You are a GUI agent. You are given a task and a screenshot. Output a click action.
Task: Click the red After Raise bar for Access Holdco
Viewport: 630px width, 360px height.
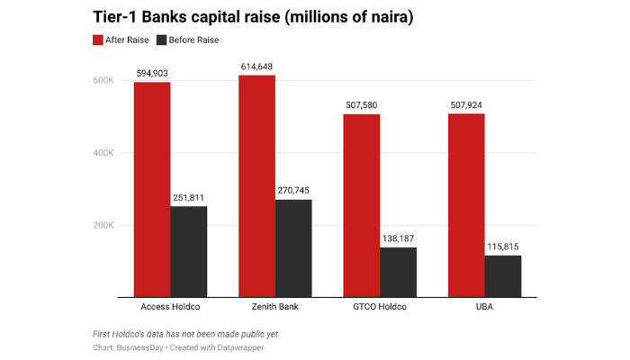(152, 189)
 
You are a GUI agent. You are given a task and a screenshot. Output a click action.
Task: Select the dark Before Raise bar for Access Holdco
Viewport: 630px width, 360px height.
(189, 251)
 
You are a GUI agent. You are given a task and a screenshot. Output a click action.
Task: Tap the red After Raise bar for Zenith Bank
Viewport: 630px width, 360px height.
(256, 185)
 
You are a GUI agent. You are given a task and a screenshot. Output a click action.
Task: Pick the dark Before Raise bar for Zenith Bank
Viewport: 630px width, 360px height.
(293, 247)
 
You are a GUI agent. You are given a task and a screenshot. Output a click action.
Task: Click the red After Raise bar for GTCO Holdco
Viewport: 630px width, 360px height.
(361, 205)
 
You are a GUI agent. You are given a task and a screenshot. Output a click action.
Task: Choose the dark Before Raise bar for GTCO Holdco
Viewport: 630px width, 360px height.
(398, 272)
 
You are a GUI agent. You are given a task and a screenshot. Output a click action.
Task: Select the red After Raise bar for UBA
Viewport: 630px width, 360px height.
(466, 205)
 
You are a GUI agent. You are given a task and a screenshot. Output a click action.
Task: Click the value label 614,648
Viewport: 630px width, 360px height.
(256, 67)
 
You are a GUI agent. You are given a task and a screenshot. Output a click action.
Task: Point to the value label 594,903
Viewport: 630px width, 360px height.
(152, 74)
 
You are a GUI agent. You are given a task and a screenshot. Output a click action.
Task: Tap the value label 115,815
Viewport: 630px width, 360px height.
(502, 247)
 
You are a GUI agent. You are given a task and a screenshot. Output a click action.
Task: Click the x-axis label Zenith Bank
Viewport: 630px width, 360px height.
(274, 308)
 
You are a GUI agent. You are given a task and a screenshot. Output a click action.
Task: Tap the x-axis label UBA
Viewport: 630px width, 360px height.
(484, 308)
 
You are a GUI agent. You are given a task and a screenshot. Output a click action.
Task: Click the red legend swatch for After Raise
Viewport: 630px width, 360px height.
(98, 40)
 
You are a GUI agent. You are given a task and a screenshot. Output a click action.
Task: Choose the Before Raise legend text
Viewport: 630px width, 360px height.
(194, 40)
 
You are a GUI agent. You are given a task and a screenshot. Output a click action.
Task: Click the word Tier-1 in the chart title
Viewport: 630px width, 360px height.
(118, 18)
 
